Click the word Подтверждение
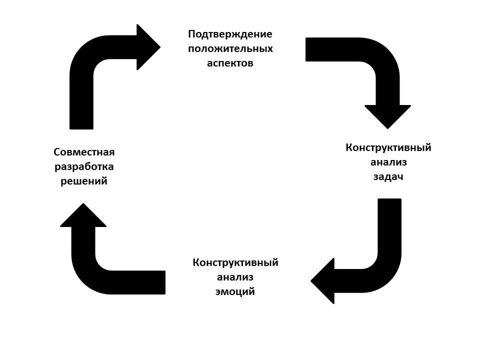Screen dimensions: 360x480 230,34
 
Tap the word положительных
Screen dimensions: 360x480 230,49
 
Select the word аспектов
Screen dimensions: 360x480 230,63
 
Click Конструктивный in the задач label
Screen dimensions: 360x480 388,148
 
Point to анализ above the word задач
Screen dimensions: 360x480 388,162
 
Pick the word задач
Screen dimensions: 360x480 388,177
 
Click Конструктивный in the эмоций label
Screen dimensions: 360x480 235,263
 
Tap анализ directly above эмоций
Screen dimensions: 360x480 235,277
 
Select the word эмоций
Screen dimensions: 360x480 235,292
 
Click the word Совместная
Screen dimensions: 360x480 84,152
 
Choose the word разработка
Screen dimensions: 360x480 84,166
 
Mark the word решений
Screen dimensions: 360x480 84,181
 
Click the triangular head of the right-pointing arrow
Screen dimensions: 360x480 147,47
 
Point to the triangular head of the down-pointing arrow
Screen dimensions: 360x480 387,115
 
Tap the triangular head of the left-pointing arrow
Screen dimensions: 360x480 323,281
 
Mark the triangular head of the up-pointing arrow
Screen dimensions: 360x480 83,216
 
